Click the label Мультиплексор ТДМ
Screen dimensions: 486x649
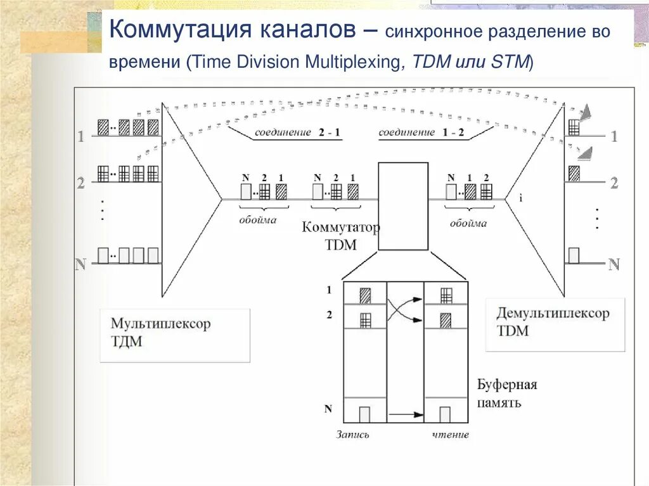tap(160, 333)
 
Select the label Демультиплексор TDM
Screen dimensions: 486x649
tap(553, 322)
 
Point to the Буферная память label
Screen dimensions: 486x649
tap(507, 393)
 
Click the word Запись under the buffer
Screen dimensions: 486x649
tap(353, 435)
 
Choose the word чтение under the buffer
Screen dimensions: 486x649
tap(451, 435)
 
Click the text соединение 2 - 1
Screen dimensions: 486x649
tap(297, 132)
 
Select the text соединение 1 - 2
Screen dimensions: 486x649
tap(421, 132)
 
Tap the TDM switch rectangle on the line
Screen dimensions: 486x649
tap(402, 206)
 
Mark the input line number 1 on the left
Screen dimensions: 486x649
tap(80, 136)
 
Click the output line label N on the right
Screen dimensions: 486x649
tap(614, 264)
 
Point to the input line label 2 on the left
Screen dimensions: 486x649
tap(80, 183)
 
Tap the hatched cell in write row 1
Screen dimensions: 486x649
tap(365, 295)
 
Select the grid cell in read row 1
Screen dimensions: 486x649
tap(446, 295)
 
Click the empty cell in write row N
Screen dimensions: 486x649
tap(364, 414)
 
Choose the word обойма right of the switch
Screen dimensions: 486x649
tap(468, 223)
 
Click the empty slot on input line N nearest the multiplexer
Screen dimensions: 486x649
tap(153, 255)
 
